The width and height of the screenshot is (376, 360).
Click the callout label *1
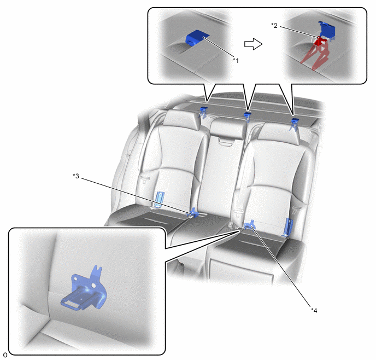point(236,61)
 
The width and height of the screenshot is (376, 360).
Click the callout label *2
point(274,25)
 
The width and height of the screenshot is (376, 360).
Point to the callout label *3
point(76,176)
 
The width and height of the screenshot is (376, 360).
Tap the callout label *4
point(314,310)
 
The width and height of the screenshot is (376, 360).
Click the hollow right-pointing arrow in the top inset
point(253,44)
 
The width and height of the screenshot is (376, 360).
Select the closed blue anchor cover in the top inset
point(198,37)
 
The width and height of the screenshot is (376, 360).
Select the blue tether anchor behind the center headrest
point(247,117)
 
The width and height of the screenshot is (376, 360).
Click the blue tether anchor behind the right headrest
point(295,124)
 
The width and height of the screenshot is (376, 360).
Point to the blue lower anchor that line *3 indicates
point(193,213)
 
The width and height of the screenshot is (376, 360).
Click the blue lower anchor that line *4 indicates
point(249,224)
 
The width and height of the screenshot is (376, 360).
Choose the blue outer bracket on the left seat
point(158,199)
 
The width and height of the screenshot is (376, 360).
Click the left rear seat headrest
point(181,118)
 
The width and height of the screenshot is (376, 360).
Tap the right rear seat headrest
point(279,132)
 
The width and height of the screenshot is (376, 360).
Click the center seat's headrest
point(228,129)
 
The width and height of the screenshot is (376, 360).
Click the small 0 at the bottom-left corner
point(5,355)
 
